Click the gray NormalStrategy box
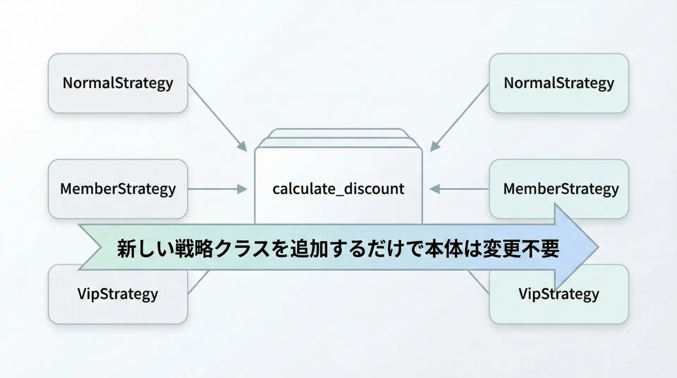[x=118, y=83]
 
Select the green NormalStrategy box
[x=559, y=83]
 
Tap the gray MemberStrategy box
[x=118, y=189]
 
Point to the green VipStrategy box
[x=559, y=300]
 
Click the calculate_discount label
[x=338, y=189]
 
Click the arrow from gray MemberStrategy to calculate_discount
[x=217, y=189]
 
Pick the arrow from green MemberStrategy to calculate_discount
[x=459, y=189]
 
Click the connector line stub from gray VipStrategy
[x=199, y=282]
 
